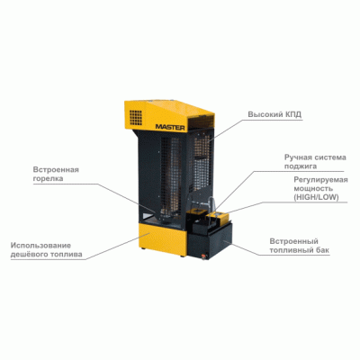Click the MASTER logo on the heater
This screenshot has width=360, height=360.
170,127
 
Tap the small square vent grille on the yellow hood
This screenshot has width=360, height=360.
136,117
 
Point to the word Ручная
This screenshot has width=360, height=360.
296,157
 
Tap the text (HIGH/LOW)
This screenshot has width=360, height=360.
316,197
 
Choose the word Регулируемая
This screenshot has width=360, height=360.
320,180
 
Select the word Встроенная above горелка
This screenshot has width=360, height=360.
56,170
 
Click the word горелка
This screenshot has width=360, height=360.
48,178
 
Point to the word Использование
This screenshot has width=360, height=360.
40,246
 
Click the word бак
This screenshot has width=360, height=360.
322,250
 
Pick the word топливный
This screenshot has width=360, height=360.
291,250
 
